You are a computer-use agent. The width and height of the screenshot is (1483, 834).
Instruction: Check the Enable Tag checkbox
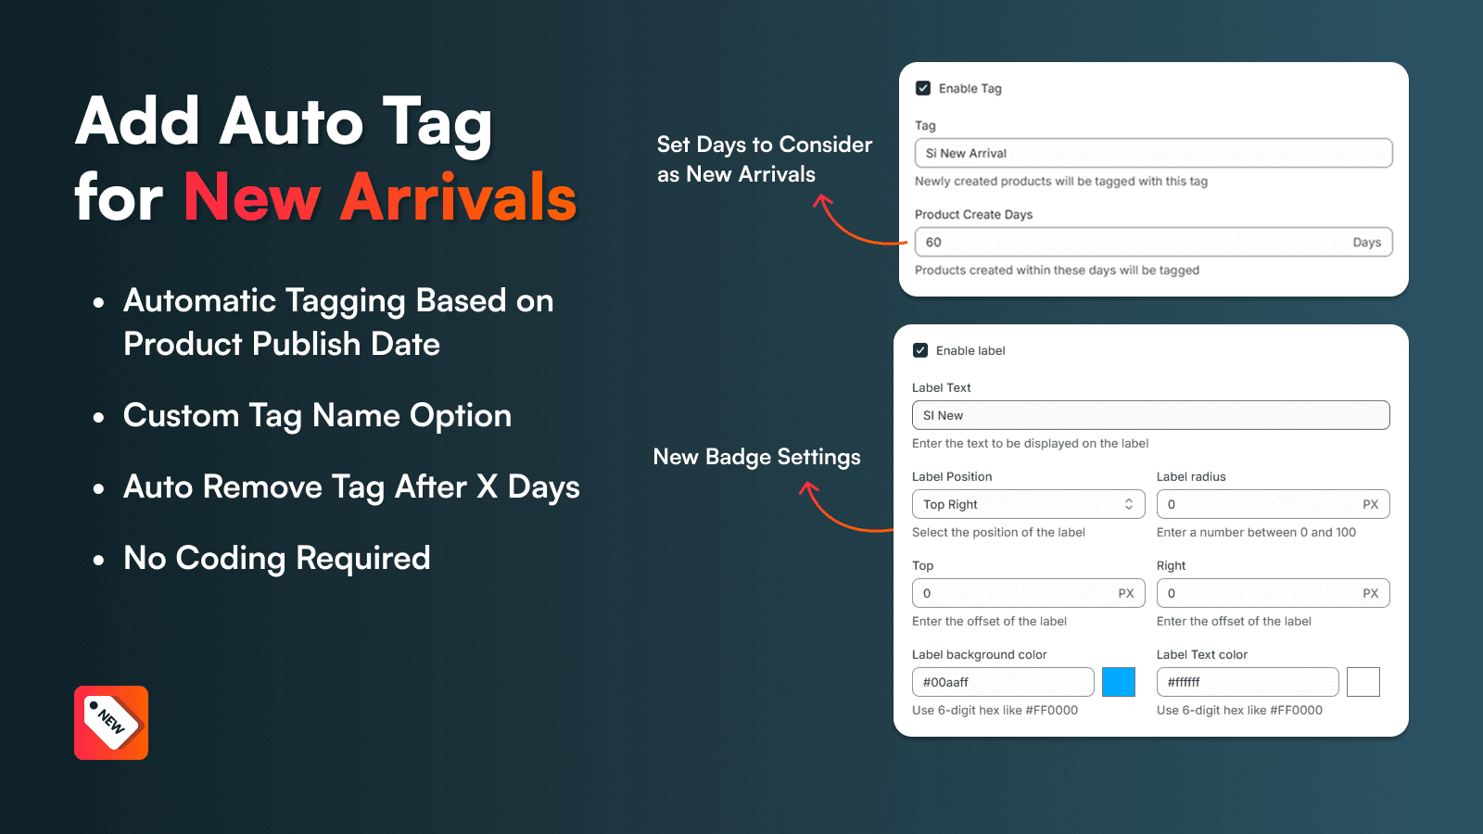[923, 88]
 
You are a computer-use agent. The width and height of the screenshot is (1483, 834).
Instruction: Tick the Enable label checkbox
[920, 350]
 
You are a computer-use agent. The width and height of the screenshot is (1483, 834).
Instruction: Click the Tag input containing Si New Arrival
[1153, 153]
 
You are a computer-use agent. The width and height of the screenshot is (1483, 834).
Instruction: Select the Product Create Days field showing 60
[1131, 242]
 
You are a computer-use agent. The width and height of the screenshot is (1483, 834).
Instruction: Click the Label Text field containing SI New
[1150, 415]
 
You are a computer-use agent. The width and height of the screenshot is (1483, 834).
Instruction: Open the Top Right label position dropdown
[1028, 504]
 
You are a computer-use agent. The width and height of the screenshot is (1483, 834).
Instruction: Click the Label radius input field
[1261, 504]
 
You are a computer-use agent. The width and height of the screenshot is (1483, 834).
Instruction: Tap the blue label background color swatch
[1118, 682]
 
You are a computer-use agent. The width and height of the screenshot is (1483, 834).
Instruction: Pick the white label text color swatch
[1363, 682]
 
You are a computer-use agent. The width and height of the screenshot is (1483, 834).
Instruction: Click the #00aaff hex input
[1002, 682]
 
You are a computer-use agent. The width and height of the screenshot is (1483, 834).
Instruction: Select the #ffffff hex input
[1247, 682]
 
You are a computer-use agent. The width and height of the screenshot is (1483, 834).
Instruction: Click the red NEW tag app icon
[111, 723]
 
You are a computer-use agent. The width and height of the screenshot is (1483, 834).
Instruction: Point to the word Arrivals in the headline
[458, 197]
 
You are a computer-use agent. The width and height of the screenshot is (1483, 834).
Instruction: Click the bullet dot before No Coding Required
[99, 560]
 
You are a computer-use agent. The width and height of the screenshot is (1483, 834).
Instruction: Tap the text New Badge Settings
[756, 457]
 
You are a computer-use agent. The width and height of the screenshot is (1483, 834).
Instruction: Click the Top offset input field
[1015, 593]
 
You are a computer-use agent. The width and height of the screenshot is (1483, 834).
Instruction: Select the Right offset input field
[1261, 593]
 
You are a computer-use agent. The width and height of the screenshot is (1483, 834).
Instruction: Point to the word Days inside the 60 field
[1366, 243]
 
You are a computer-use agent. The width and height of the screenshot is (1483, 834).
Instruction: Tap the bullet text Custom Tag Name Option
[317, 416]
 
